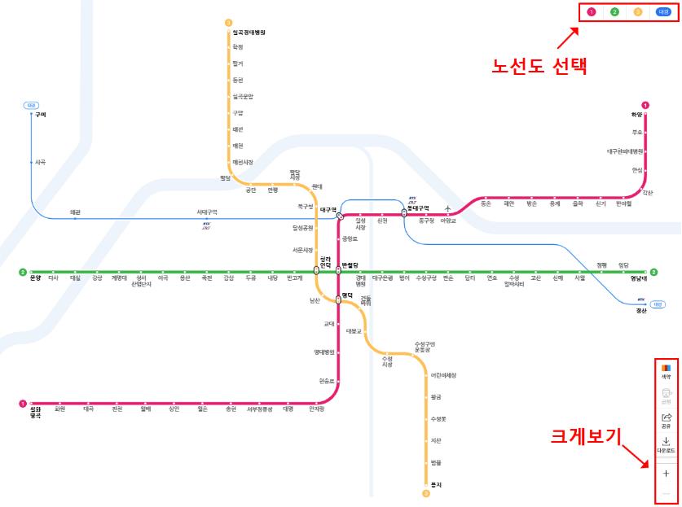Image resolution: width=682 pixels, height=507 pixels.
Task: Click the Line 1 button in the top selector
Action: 592,12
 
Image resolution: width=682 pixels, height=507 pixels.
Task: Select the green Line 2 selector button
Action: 614,12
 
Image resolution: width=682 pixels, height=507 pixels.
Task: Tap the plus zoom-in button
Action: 666,473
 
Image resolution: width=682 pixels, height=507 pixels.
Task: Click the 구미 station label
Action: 41,115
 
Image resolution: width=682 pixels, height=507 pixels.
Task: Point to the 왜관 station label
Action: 75,212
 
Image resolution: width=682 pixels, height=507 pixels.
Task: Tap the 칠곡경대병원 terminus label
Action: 249,33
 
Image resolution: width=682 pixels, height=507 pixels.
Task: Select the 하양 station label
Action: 636,115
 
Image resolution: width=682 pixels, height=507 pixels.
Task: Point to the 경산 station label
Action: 641,310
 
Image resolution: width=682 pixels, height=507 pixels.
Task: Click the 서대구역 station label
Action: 207,212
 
